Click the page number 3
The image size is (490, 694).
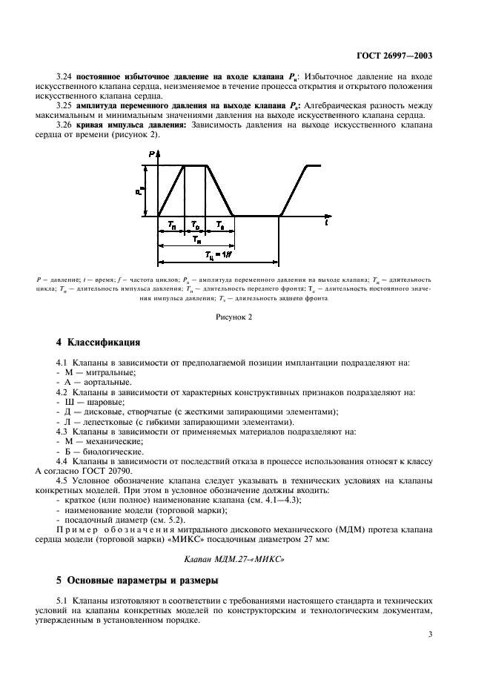(431, 634)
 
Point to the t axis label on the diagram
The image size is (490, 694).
(327, 221)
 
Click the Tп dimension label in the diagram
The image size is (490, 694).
(171, 225)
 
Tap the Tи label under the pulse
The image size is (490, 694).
(195, 239)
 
